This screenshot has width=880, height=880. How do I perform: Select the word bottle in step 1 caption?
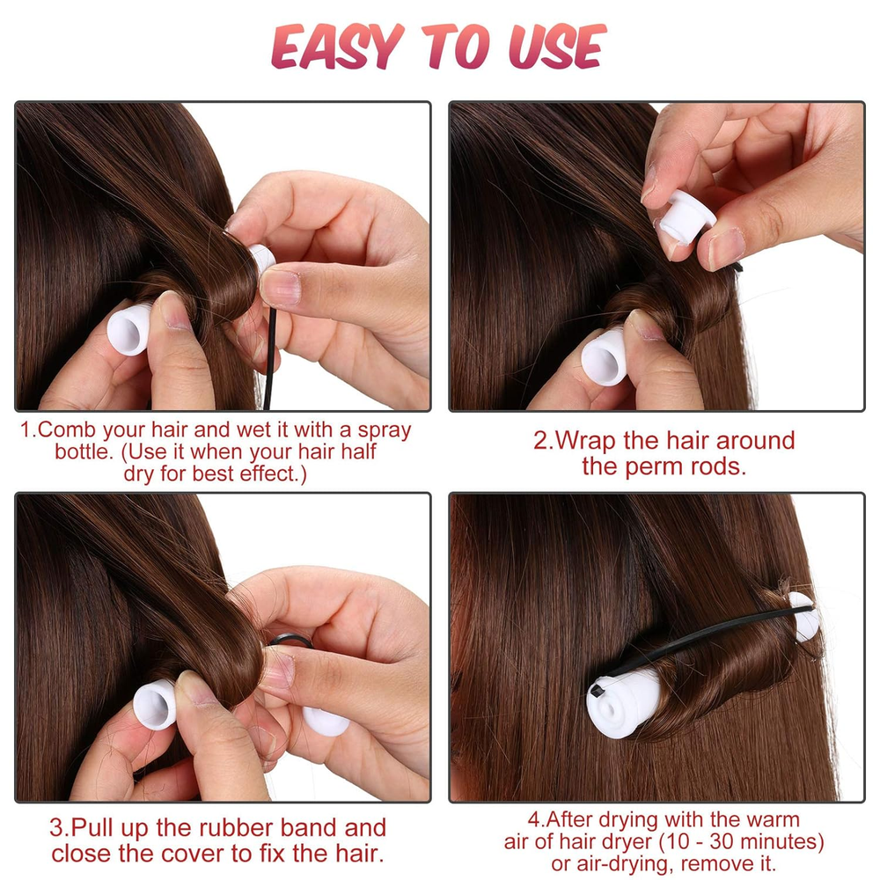(84, 451)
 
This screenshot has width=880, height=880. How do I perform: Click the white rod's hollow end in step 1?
(128, 330)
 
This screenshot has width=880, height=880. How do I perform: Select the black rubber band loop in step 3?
(290, 641)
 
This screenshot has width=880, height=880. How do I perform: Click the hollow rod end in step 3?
(154, 705)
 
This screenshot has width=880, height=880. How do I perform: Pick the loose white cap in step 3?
(326, 722)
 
